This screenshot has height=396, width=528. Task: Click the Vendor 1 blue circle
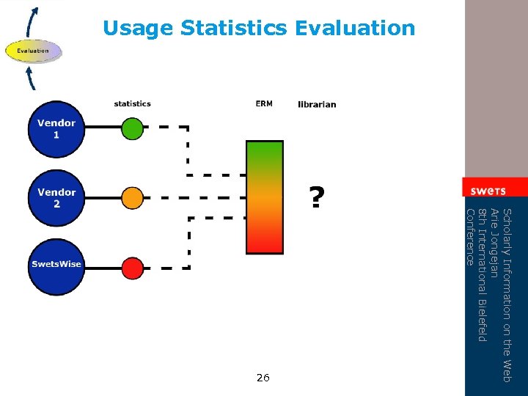pos(56,129)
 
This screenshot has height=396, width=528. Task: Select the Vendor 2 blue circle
pos(56,198)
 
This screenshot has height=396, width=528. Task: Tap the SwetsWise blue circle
pos(56,265)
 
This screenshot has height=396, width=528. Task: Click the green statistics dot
pos(132,130)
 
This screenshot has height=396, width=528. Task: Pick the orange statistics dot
pos(132,198)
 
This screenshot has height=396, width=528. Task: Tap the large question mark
pos(315,197)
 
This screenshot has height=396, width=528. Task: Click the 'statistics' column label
pos(132,104)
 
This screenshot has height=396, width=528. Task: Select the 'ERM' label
pos(264,104)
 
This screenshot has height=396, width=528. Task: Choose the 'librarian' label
pos(317,104)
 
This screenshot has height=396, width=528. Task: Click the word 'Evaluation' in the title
pos(355,29)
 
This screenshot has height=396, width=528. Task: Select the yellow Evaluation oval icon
pos(34,51)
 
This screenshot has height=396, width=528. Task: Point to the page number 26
pos(263,378)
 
